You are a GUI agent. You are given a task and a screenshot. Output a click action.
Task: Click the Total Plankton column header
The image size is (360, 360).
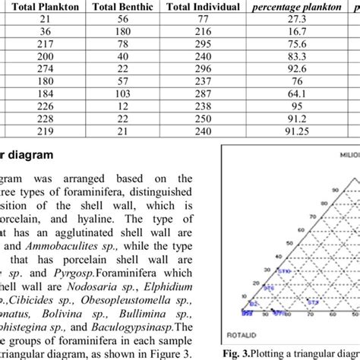47,8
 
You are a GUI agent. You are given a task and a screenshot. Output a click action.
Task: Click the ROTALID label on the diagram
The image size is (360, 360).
256,331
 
